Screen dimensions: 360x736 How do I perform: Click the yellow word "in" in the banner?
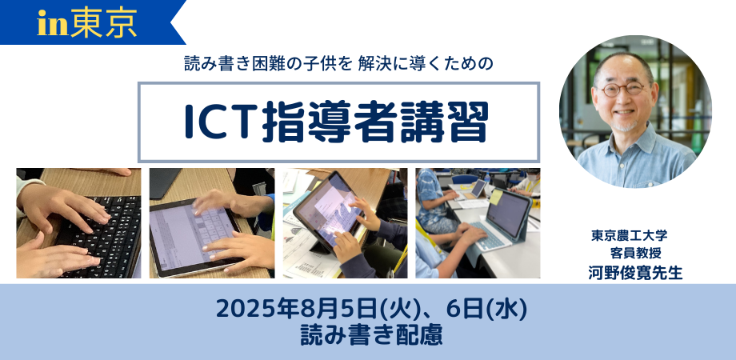pyautogui.click(x=53, y=24)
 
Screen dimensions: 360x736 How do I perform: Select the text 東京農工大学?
pyautogui.click(x=630, y=235)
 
